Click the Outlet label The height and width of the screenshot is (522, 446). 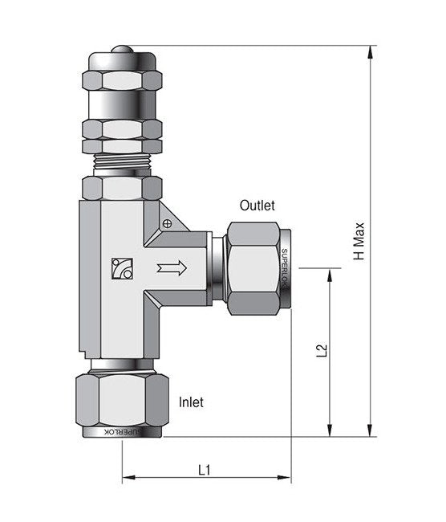(257, 206)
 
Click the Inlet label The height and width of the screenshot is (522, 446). (191, 402)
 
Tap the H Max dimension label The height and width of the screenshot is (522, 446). (359, 241)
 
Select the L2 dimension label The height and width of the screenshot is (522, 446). (322, 351)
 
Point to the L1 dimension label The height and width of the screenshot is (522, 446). (205, 471)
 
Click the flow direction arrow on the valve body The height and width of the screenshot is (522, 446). (172, 267)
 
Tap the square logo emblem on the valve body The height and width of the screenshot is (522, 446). (122, 269)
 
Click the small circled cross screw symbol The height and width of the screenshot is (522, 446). (168, 224)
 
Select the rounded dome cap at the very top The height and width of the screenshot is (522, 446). (122, 49)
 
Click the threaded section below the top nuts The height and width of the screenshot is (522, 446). (122, 161)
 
